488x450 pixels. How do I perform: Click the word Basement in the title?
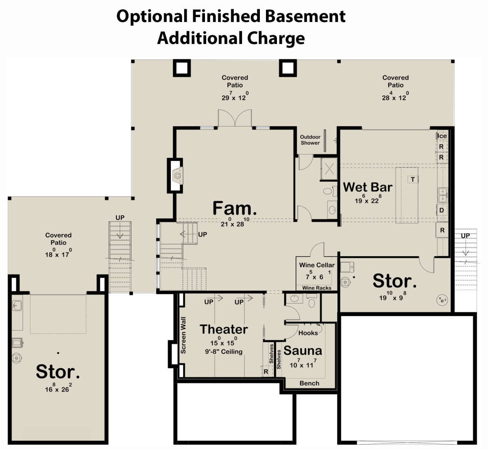[x=305, y=16]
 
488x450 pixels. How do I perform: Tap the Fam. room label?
[x=235, y=209]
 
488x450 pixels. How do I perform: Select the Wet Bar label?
[x=368, y=187]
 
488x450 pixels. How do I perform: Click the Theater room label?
[x=224, y=329]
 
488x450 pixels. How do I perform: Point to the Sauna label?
[x=303, y=351]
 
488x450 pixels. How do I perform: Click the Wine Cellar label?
[x=317, y=265]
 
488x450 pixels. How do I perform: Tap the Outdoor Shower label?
[x=310, y=140]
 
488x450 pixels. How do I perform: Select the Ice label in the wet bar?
[x=442, y=136]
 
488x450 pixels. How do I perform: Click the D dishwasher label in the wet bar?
[x=442, y=210]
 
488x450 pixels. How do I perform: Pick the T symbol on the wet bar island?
[x=413, y=180]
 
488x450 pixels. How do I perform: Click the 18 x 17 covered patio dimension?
[x=59, y=253]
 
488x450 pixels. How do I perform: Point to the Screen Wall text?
[x=183, y=335]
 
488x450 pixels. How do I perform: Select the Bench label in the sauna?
[x=309, y=383]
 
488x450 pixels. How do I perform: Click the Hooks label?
[x=308, y=333]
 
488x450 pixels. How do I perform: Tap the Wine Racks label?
[x=317, y=288]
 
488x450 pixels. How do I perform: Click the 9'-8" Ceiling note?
[x=224, y=351]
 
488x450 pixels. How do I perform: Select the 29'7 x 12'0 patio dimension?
[x=235, y=96]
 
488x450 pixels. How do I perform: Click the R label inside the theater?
[x=266, y=371]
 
